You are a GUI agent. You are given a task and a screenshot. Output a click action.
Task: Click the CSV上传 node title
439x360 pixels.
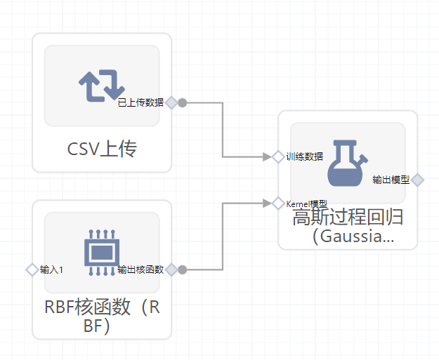(102, 149)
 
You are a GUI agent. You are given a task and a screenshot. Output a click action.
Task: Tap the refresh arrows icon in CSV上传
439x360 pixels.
(102, 86)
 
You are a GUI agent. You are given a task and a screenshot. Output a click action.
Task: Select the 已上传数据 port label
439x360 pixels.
(140, 102)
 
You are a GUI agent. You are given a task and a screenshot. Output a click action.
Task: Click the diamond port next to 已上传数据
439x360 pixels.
(171, 102)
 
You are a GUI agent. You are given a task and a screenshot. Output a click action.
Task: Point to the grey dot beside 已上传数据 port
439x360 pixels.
(182, 102)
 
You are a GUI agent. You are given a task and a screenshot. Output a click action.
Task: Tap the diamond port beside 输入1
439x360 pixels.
(32, 269)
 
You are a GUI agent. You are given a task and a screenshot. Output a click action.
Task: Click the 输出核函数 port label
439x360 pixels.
(140, 269)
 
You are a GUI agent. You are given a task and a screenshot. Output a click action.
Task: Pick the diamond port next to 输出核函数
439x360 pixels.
(171, 269)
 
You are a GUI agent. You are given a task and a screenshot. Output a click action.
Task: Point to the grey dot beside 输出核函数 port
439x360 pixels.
(182, 269)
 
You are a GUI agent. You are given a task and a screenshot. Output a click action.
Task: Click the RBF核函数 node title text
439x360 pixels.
(102, 316)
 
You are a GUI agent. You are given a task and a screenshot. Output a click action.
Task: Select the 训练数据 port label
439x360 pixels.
(305, 156)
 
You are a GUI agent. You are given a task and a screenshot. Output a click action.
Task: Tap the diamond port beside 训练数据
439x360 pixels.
(278, 156)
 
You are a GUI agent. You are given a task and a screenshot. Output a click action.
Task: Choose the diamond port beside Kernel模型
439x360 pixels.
(278, 204)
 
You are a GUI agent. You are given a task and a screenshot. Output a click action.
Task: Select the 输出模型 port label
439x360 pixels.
(391, 180)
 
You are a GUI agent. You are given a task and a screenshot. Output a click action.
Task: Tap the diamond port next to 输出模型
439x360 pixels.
(418, 180)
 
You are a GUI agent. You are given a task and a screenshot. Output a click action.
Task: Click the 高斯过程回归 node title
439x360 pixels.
(348, 226)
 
